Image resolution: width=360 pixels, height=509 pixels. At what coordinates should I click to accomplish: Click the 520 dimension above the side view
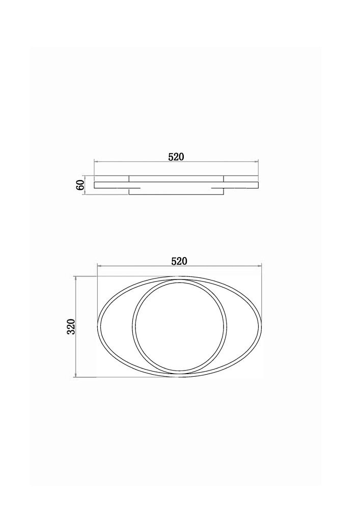tap(176, 157)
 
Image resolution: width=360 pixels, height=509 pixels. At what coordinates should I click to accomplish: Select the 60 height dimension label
tap(80, 185)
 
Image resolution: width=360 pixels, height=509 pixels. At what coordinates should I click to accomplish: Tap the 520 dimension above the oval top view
tap(180, 261)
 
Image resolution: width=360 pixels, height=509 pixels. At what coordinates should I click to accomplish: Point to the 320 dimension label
tap(71, 327)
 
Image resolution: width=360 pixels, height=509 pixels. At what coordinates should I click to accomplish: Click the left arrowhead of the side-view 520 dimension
tap(96, 161)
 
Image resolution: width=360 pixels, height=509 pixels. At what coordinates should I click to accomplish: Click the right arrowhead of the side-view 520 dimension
tap(257, 161)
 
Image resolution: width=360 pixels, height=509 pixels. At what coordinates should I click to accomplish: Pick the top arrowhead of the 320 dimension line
tap(76, 278)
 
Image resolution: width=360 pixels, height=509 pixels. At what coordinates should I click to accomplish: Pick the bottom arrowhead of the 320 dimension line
tap(76, 375)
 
